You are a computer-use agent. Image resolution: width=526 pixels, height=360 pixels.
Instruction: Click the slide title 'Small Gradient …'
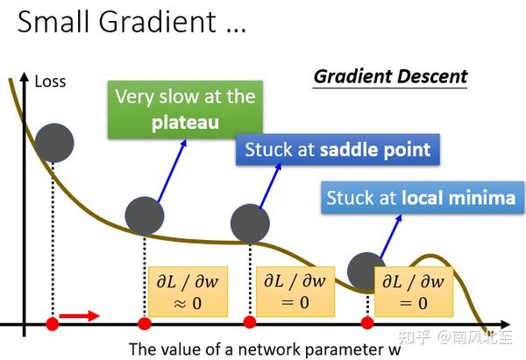131,22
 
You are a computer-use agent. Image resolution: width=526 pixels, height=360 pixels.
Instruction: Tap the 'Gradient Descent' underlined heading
390,76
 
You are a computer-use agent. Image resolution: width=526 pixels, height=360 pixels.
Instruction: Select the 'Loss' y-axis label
50,82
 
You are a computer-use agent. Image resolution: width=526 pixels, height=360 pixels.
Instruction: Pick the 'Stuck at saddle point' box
338,150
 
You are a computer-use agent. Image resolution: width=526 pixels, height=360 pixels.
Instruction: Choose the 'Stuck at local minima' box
421,198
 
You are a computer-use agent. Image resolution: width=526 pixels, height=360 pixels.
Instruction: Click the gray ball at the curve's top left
55,142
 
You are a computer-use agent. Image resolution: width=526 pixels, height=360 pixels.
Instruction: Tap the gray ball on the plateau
145,215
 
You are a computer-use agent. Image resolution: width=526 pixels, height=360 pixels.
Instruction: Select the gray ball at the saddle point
250,222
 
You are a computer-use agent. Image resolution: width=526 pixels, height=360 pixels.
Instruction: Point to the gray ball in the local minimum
366,271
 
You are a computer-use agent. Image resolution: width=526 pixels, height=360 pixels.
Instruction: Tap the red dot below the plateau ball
145,324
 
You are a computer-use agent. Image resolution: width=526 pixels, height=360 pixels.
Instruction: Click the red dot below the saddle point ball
250,324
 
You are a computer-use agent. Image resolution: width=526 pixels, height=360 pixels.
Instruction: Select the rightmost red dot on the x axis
367,324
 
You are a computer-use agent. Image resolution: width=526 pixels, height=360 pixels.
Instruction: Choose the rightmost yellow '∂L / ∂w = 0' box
411,291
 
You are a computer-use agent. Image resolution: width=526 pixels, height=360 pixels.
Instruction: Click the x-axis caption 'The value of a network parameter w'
264,349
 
